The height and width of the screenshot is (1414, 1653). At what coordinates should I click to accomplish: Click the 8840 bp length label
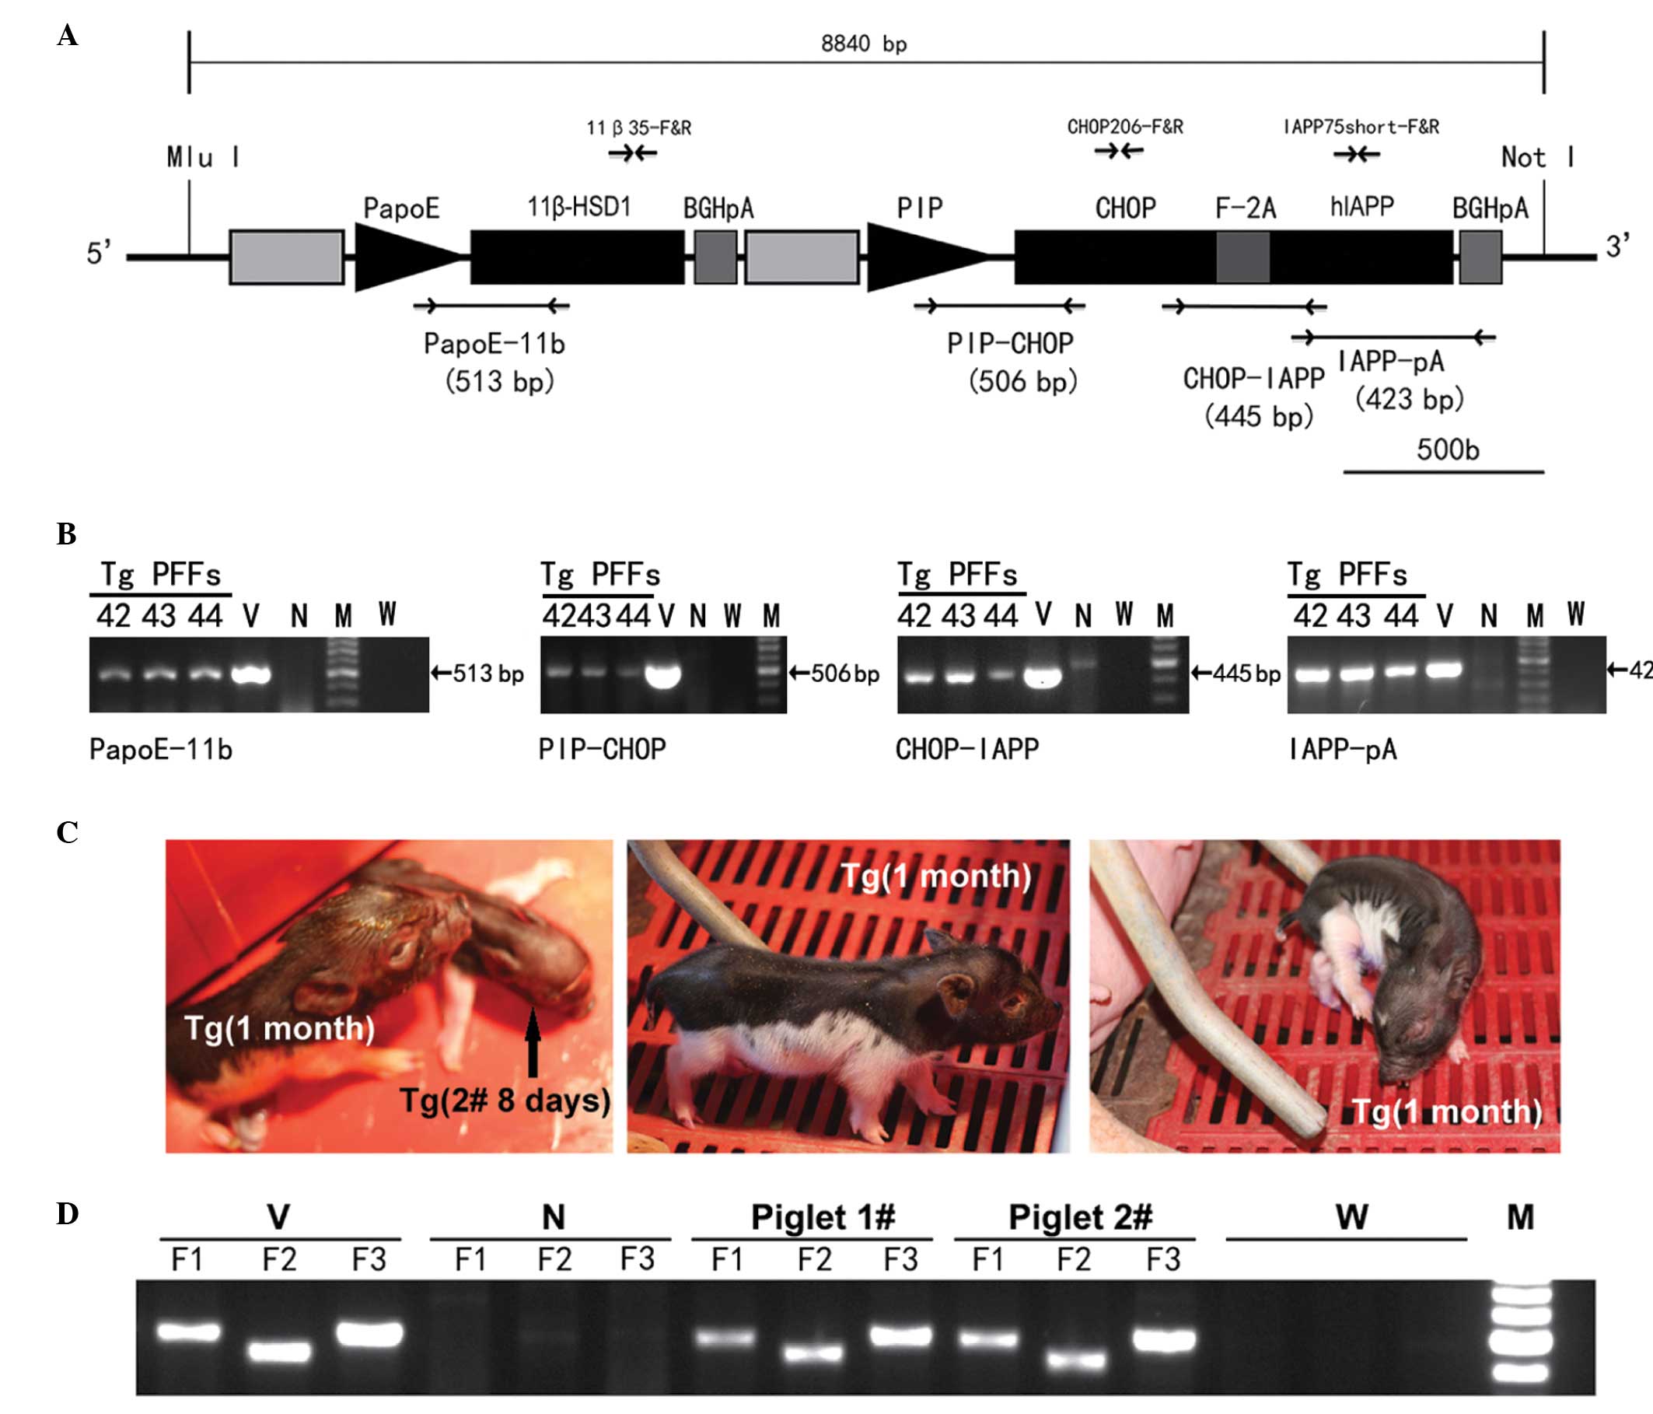point(863,44)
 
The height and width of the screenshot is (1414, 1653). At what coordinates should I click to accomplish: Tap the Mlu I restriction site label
point(203,157)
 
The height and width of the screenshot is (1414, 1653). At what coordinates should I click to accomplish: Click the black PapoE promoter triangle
point(403,257)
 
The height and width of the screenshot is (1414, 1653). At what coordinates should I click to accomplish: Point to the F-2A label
point(1245,208)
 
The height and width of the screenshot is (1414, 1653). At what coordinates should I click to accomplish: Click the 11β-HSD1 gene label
point(578,208)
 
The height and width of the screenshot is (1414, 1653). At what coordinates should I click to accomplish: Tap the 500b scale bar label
point(1447,450)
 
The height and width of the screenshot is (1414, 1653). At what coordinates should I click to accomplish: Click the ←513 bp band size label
point(479,674)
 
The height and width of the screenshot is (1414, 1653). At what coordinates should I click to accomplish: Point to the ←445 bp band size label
point(1236,674)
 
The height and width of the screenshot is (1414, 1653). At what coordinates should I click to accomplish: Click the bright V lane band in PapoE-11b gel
point(251,674)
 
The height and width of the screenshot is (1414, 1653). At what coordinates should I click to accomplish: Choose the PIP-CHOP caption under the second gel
point(603,749)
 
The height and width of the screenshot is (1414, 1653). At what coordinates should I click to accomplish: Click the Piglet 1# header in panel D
point(823,1218)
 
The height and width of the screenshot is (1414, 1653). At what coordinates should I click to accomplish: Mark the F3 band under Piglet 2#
point(1164,1340)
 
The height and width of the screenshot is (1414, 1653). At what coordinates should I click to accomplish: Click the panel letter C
point(67,832)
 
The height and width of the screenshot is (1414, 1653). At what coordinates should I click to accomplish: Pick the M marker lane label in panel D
point(1520,1218)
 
